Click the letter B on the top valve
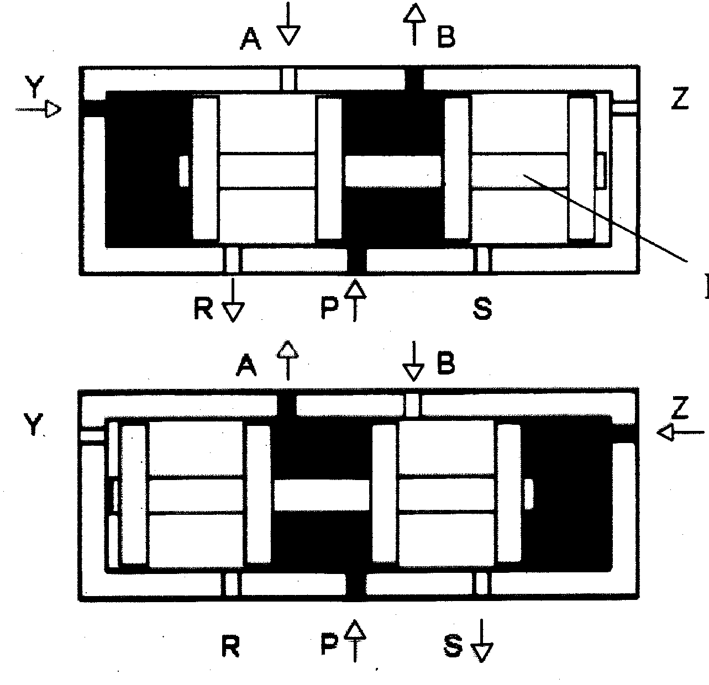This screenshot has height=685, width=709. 445,38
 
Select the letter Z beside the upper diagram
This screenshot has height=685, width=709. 680,100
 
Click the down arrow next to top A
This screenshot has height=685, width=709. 288,28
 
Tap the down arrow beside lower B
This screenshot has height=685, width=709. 413,365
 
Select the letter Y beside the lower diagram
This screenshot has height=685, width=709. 34,424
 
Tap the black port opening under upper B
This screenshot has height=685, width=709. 414,79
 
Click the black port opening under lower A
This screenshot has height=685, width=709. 286,406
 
